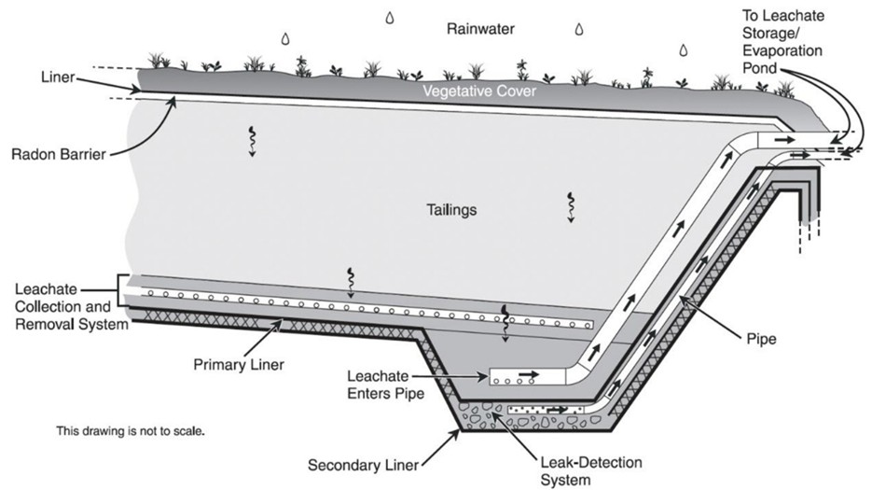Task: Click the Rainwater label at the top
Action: (481, 29)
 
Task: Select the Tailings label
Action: (448, 210)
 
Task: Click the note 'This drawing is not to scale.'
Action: (131, 432)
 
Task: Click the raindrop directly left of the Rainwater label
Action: (285, 38)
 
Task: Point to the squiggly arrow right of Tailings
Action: (569, 205)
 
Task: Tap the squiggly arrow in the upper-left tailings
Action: (251, 139)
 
